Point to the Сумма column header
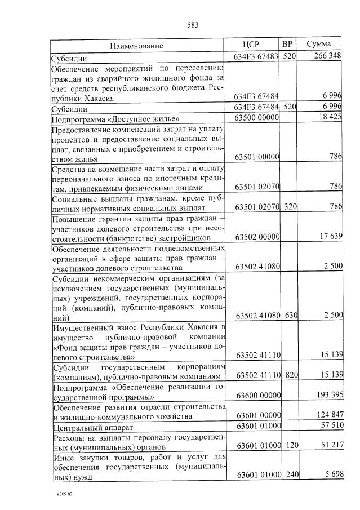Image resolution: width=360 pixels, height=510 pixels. (318, 45)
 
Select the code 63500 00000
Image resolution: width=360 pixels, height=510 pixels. (257, 119)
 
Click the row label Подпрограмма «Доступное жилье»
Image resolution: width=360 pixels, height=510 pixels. (115, 119)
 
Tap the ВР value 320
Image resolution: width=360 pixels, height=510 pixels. (290, 207)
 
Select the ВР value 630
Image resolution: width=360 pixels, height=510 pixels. (290, 315)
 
